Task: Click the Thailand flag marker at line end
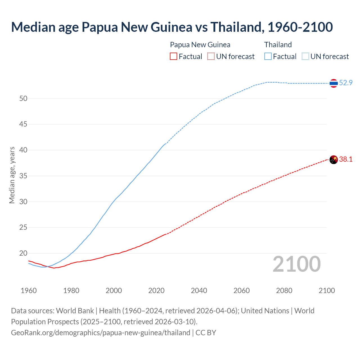(334, 83)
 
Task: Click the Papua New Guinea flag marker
(334, 159)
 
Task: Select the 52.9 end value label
(346, 83)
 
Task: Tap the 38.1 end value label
(346, 159)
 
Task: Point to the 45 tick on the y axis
(23, 124)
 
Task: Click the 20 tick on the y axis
(23, 253)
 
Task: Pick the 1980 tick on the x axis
(71, 291)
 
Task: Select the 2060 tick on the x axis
(242, 291)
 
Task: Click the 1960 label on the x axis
(29, 291)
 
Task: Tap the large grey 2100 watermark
(296, 264)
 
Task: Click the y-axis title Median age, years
(12, 175)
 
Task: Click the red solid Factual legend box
(174, 56)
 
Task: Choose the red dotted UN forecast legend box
(211, 56)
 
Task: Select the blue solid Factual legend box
(268, 56)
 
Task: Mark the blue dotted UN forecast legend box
(305, 56)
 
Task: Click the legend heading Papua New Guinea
(200, 45)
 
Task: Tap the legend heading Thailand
(278, 45)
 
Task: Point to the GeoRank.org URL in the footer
(100, 332)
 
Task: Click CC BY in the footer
(206, 332)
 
